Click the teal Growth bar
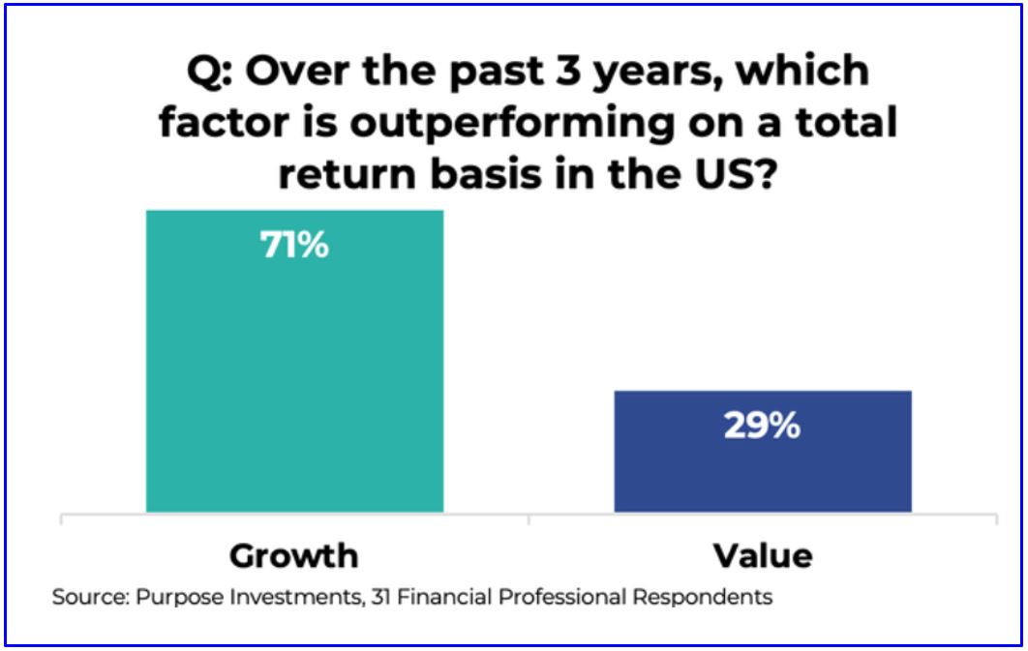tap(294, 361)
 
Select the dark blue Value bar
tap(763, 451)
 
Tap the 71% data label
tap(294, 245)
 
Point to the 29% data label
tap(763, 426)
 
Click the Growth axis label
tap(294, 556)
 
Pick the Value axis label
tap(763, 556)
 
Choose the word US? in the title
tap(736, 173)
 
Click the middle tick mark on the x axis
tap(529, 518)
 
